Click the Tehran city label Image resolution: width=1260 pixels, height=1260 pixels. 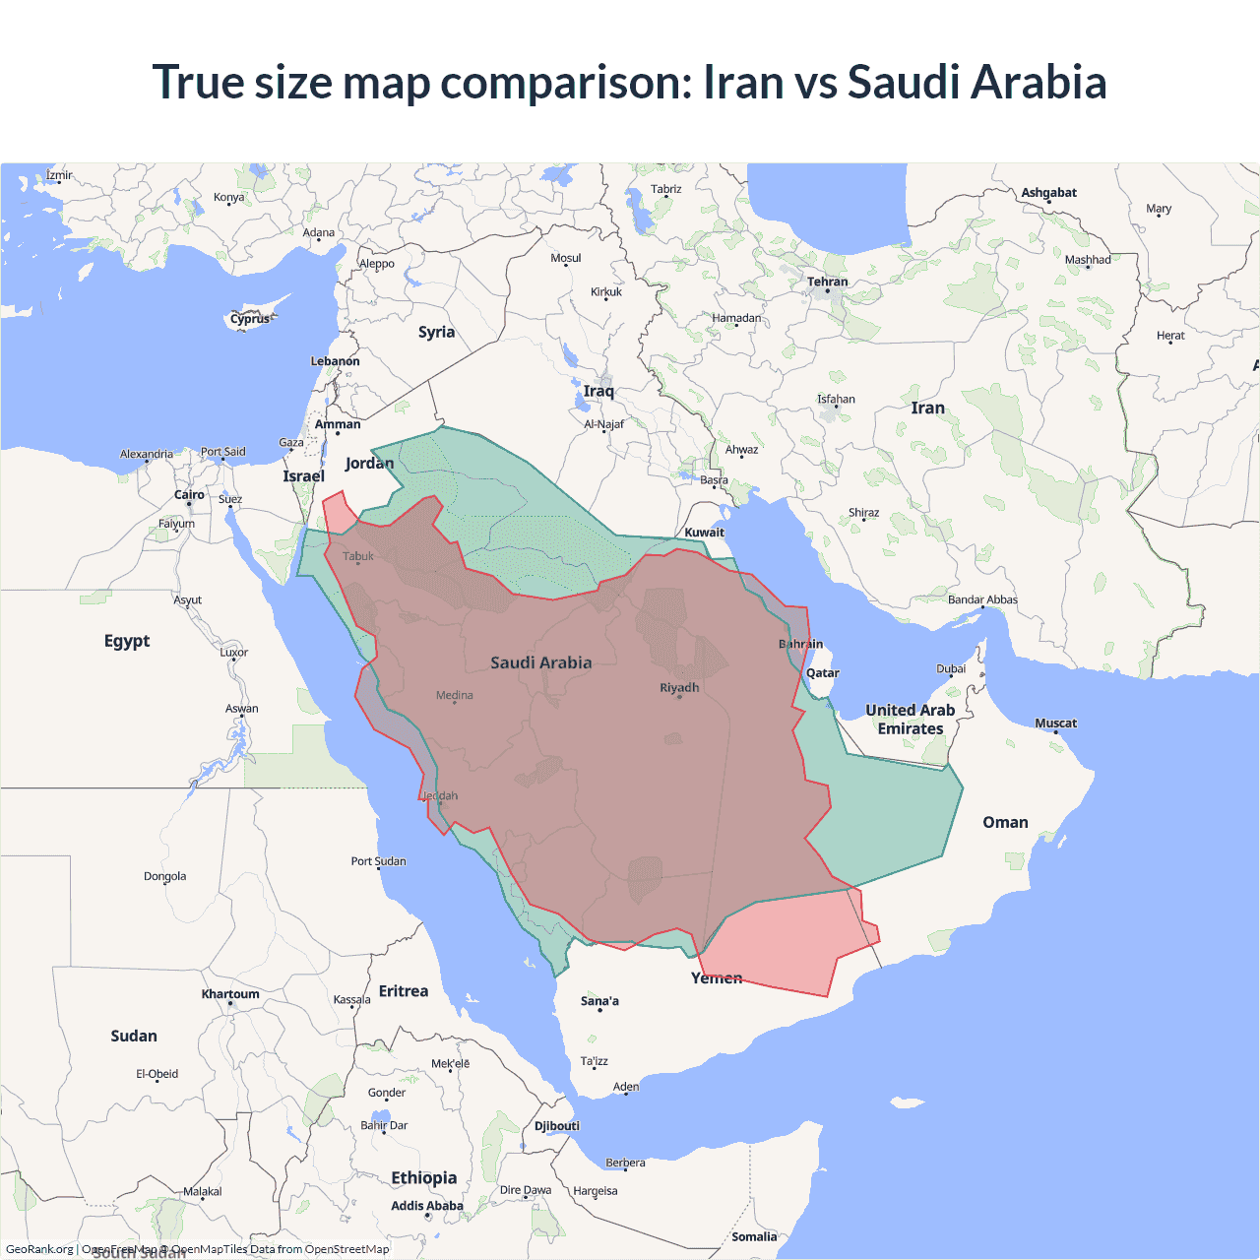827,282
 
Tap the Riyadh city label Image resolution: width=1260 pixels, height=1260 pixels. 679,687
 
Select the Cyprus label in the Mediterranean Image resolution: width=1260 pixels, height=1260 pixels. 250,319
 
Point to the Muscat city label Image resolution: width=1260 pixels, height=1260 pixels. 1055,724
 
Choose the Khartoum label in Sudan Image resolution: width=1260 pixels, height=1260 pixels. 230,994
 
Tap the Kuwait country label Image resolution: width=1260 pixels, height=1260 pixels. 704,533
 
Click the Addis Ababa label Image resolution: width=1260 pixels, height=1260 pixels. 426,1206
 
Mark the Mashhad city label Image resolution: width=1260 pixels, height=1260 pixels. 1088,260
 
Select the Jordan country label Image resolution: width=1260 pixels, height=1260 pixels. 369,463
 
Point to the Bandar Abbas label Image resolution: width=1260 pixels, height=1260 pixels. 982,599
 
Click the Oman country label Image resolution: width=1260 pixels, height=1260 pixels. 1005,822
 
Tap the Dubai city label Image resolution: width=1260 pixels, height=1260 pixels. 951,668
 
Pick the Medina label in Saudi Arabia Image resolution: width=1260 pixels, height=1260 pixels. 455,695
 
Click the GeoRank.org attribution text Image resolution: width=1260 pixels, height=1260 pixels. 39,1249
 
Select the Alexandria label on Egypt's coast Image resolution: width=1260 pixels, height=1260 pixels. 147,454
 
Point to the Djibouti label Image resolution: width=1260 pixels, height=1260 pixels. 557,1126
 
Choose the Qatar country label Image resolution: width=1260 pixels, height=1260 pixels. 823,673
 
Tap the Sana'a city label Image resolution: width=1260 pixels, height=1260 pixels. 599,1001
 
